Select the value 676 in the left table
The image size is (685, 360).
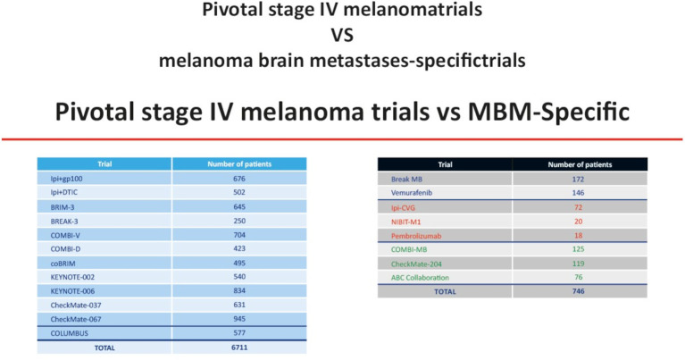pyautogui.click(x=238, y=180)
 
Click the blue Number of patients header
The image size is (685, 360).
pyautogui.click(x=238, y=164)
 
